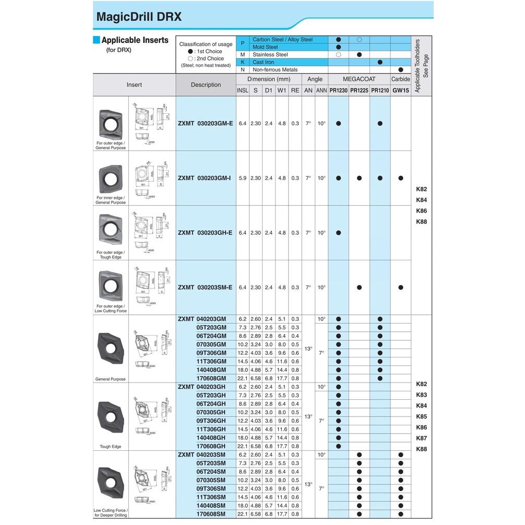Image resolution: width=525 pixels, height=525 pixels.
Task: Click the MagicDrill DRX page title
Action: pos(139,16)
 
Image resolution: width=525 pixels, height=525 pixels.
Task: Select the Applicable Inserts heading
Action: pos(135,40)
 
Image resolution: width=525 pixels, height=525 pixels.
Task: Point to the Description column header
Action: pos(206,85)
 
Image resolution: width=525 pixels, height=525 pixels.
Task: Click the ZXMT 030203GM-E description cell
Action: pos(206,123)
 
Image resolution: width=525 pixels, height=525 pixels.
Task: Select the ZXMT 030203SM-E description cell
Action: pos(206,288)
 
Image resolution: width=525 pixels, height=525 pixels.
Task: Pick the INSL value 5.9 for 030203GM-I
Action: pos(242,178)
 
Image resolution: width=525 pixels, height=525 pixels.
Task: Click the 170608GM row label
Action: pos(211,378)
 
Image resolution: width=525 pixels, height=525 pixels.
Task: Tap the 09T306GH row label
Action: pos(211,421)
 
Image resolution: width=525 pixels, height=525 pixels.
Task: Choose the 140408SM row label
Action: pos(211,506)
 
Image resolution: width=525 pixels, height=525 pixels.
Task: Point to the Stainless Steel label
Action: pos(270,54)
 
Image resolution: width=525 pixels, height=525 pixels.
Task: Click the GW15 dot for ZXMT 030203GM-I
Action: pos(400,178)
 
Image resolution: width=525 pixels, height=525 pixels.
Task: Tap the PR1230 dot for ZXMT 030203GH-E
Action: pos(338,233)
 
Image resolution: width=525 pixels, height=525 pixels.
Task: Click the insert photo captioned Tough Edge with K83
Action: pos(110,416)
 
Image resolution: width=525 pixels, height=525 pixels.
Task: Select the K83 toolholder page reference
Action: pos(422,395)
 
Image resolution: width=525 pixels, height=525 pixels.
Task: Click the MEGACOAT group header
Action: pos(359,79)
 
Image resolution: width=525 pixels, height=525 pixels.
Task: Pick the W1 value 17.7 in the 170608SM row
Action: pos(281,514)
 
